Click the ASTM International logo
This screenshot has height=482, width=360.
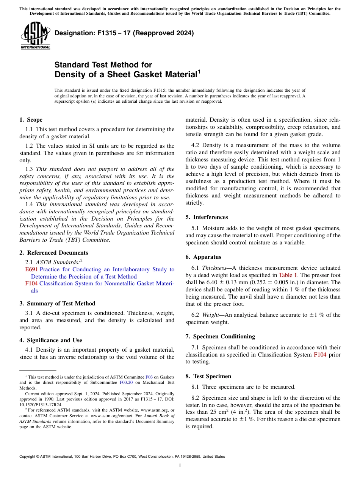tap(35, 36)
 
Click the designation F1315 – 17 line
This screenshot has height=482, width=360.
tap(124, 33)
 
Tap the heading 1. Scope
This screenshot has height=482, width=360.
tap(31, 120)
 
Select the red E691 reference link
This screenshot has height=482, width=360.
tap(31, 269)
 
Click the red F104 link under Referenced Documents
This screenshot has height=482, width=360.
tap(31, 283)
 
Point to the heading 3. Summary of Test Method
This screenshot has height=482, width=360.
tap(57, 304)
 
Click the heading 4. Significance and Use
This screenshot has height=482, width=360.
tap(50, 340)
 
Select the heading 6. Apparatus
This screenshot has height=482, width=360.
tap(203, 257)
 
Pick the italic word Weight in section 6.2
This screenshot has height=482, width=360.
tap(210, 315)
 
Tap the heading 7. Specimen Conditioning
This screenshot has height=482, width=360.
tap(220, 336)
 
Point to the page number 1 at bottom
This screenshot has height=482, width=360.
tap(180, 466)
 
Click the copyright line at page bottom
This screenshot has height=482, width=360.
tap(122, 457)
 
